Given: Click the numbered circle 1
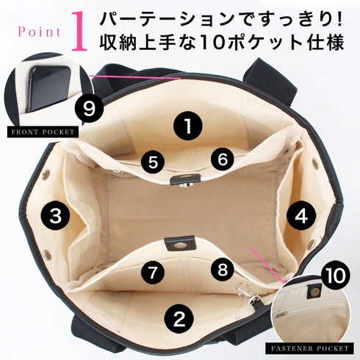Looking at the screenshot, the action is tap(188, 126).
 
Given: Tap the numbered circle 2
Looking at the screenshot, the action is tap(179, 319).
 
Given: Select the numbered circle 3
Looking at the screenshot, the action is tap(56, 215).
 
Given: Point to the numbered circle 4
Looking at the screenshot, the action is tap(301, 216).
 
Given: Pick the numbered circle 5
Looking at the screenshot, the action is tap(153, 162).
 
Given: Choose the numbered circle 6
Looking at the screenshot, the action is tap(223, 159).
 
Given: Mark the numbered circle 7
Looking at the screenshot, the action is tap(153, 273).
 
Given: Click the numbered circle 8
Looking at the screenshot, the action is tap(223, 270).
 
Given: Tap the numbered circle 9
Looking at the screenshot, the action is tap(89, 109).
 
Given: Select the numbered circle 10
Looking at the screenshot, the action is tap(335, 276).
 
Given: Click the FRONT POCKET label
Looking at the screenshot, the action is tap(43, 132).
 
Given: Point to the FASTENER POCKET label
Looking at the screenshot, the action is tap(309, 348).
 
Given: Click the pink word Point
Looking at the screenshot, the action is tap(39, 32).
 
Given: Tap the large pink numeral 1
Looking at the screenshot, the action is tap(79, 32).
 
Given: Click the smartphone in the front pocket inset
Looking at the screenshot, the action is tap(49, 89).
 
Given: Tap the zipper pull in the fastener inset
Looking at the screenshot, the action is tap(281, 314).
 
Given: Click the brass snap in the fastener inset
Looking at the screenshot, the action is tap(312, 292).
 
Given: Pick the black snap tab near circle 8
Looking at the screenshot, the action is tap(180, 243).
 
